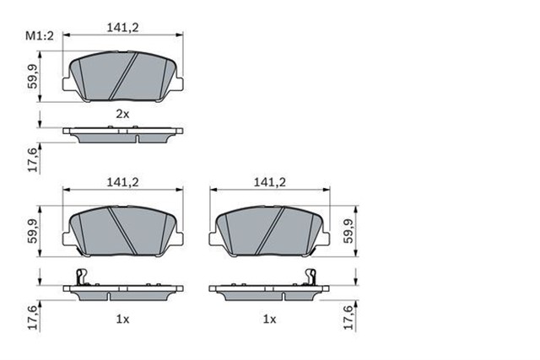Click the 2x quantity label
[122, 113]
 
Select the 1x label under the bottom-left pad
[122, 320]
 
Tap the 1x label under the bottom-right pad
[270, 320]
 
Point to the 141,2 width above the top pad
[122, 28]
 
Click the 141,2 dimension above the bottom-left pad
[122, 180]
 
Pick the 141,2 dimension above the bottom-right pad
[270, 180]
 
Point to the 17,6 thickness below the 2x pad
[33, 159]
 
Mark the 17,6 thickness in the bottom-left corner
[33, 317]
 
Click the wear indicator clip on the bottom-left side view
[80, 277]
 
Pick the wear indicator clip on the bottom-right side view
[310, 277]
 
